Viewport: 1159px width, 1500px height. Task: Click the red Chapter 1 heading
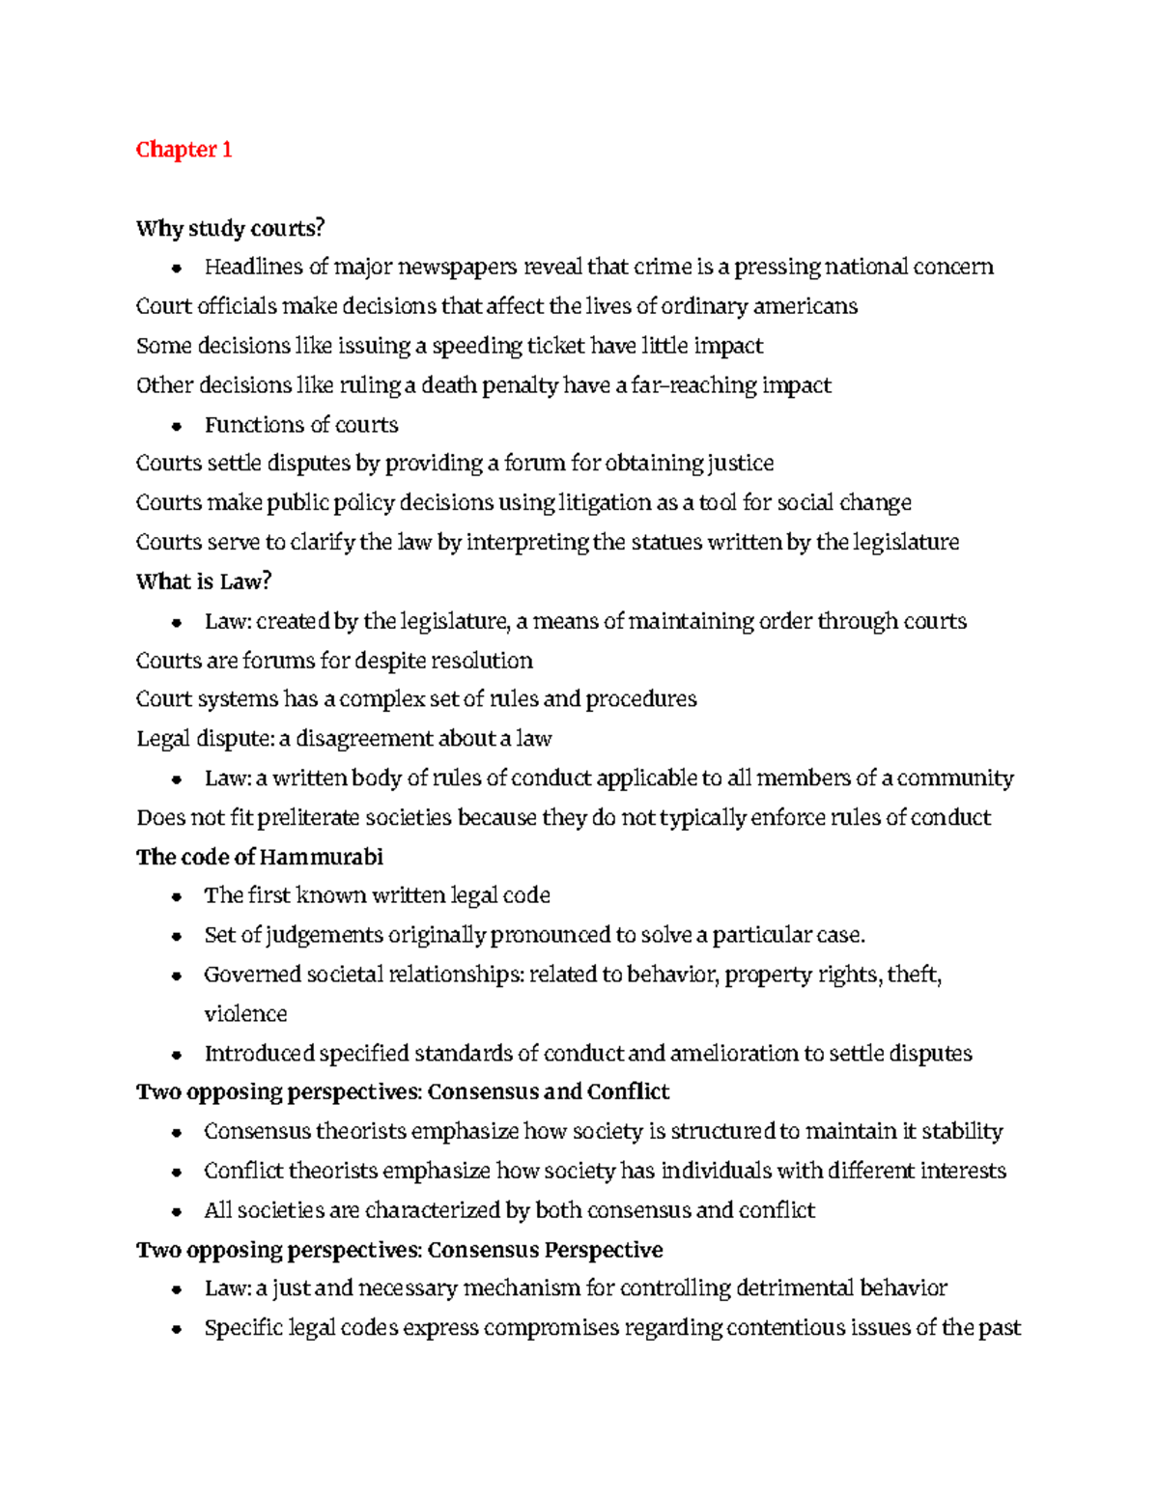184,150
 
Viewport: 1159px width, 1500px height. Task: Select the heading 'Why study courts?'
230,229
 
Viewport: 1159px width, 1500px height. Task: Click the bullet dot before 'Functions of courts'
176,426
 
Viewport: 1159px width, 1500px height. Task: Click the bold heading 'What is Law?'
204,581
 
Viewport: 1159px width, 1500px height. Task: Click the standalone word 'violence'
245,1014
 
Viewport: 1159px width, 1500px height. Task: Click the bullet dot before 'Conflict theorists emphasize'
176,1173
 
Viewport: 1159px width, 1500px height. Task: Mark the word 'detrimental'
795,1289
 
